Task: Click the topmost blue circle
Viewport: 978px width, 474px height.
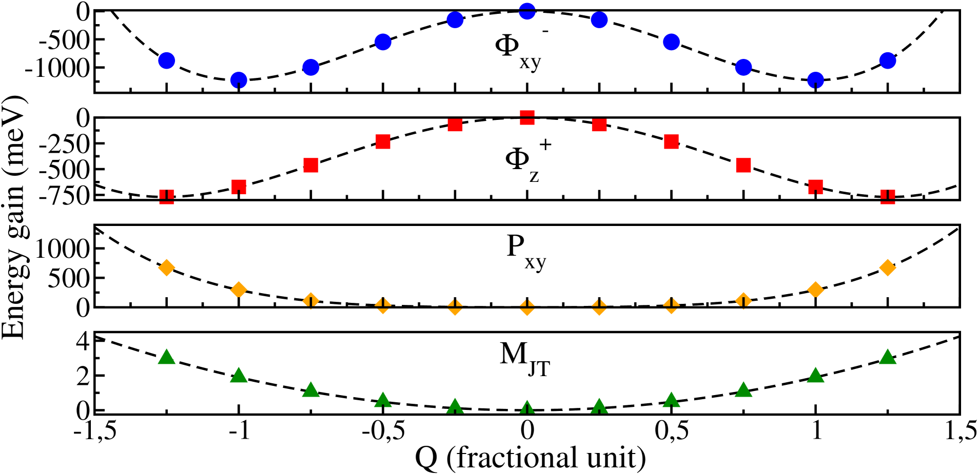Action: [x=527, y=11]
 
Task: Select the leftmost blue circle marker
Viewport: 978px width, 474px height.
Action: [x=167, y=60]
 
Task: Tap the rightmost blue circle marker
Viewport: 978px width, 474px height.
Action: [x=887, y=60]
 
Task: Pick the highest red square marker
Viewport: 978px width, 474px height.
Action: [x=527, y=117]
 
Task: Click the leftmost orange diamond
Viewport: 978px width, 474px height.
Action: [x=167, y=267]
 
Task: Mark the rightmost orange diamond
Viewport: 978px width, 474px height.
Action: [x=887, y=267]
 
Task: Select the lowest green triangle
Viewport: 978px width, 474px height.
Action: [x=527, y=408]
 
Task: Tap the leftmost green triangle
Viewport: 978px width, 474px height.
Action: [x=167, y=357]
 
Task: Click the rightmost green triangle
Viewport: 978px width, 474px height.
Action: [x=887, y=357]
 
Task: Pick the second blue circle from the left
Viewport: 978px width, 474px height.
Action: [x=239, y=80]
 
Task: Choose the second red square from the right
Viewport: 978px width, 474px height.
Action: [x=815, y=187]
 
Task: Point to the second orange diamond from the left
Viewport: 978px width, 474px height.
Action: [x=239, y=290]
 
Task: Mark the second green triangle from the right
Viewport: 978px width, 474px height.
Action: [x=815, y=376]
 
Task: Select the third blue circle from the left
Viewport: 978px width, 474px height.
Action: [x=311, y=67]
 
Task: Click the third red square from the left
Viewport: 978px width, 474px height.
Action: [x=311, y=165]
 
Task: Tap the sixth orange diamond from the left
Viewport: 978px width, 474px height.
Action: [x=527, y=307]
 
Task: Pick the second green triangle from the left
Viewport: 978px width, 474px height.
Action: [x=239, y=376]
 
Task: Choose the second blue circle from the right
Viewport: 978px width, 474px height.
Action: [x=815, y=80]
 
